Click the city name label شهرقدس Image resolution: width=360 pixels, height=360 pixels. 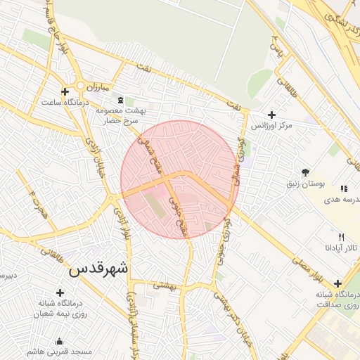coord(100,268)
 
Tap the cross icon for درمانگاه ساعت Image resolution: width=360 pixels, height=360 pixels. coord(65,91)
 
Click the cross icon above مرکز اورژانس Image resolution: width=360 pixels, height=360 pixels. coord(272,114)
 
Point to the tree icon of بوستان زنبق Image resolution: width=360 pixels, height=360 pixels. coord(304,172)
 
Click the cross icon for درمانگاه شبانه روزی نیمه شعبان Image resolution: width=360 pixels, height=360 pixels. coord(60,292)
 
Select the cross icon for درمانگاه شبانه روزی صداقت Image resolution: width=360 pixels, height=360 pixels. coord(338,283)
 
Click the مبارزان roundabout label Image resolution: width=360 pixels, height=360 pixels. coord(89,86)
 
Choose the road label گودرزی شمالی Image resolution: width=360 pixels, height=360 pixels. coord(240,160)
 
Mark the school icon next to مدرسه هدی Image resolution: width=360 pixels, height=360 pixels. coord(344,188)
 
